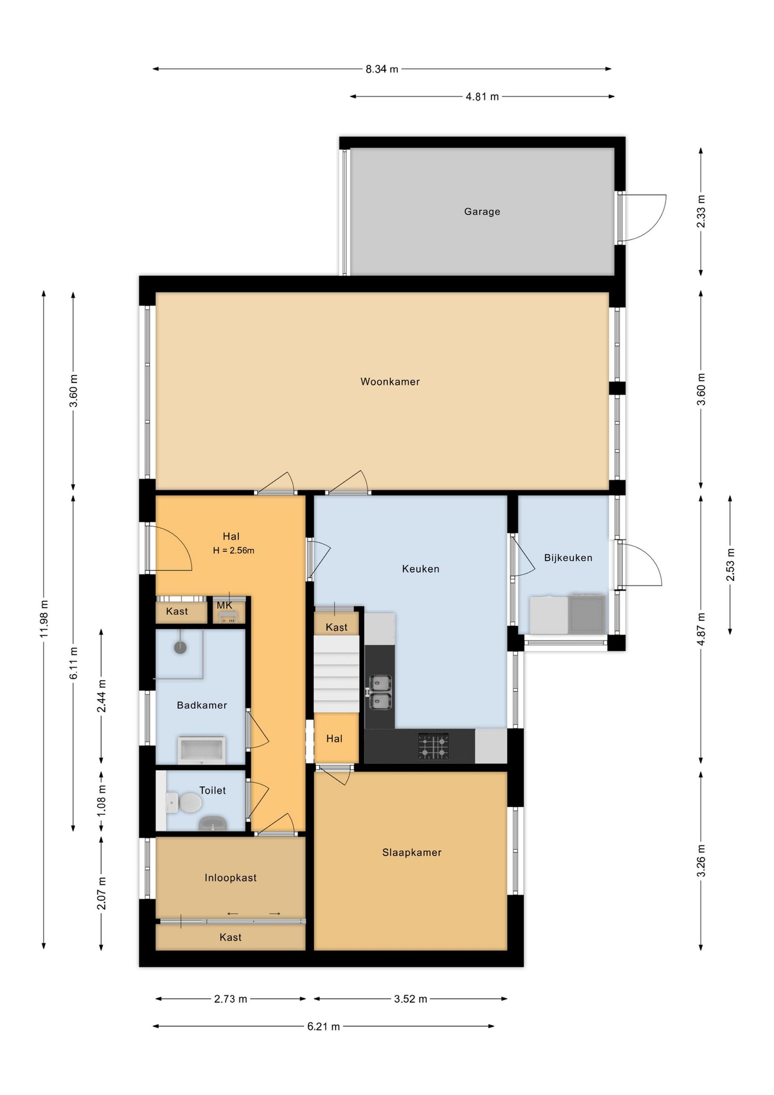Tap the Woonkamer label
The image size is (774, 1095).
(x=390, y=381)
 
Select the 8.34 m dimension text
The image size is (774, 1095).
(x=382, y=69)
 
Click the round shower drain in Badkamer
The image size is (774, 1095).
(x=180, y=647)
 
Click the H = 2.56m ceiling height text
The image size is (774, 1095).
(x=233, y=550)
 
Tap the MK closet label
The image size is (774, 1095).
(x=224, y=605)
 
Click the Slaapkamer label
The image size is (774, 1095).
(x=412, y=852)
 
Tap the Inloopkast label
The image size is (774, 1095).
(x=230, y=877)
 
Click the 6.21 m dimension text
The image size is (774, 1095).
(x=323, y=1026)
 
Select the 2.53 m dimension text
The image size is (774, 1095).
(x=730, y=565)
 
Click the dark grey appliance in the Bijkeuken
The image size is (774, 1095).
(x=587, y=614)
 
